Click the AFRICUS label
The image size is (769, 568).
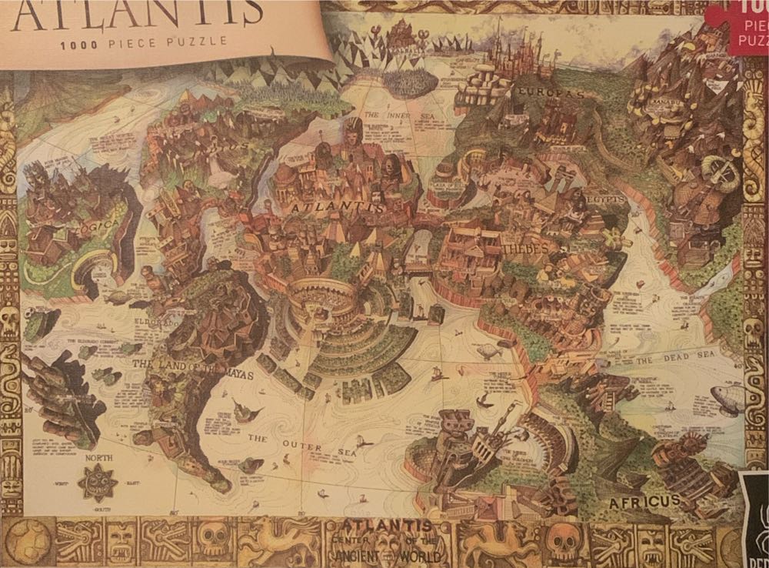[x=645, y=502]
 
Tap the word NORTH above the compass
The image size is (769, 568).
[x=98, y=458]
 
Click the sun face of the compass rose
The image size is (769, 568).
[x=98, y=483]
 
